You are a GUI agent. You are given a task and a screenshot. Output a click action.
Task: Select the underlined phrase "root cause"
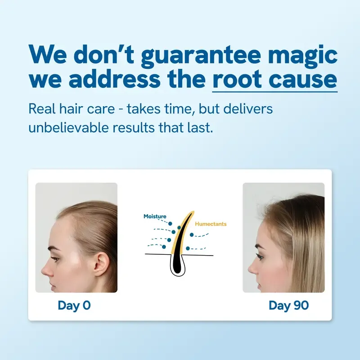274,80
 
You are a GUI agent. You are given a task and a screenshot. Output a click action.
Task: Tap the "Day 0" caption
74,305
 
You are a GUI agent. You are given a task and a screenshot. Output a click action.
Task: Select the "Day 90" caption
288,305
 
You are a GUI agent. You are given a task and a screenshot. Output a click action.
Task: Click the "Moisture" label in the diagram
155,216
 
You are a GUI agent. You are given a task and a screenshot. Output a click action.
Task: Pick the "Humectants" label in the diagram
211,224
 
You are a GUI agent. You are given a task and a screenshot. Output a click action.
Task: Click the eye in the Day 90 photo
260,256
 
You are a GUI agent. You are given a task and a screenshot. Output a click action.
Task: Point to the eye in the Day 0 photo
55,258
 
